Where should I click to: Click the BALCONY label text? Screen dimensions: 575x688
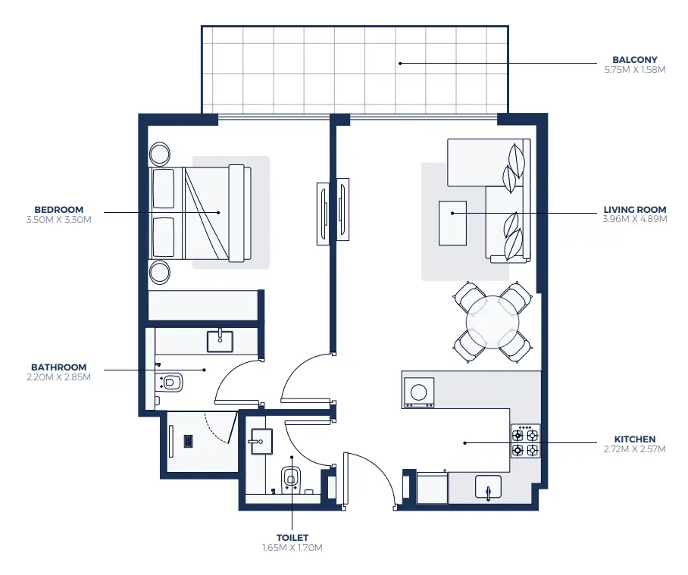coord(634,59)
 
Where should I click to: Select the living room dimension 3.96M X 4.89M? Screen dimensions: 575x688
coord(634,220)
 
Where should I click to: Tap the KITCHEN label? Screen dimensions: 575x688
coord(635,439)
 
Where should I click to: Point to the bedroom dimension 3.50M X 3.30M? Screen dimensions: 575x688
coord(58,220)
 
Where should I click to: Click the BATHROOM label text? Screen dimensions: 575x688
coord(58,367)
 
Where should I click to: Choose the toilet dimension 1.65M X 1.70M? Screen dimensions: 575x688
coord(292,547)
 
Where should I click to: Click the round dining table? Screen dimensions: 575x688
coord(493,320)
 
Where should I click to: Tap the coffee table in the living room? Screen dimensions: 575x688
coord(452,223)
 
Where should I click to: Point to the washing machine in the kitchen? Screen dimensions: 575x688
coord(418,392)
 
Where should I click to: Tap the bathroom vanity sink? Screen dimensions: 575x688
coord(220,340)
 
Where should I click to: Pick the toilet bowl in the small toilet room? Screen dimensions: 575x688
coord(290,478)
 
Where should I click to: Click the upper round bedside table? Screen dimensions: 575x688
coord(161,155)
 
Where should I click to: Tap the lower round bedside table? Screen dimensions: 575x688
coord(161,271)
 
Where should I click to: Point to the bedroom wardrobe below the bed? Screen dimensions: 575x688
coord(205,306)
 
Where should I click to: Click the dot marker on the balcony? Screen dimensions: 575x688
coord(400,63)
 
